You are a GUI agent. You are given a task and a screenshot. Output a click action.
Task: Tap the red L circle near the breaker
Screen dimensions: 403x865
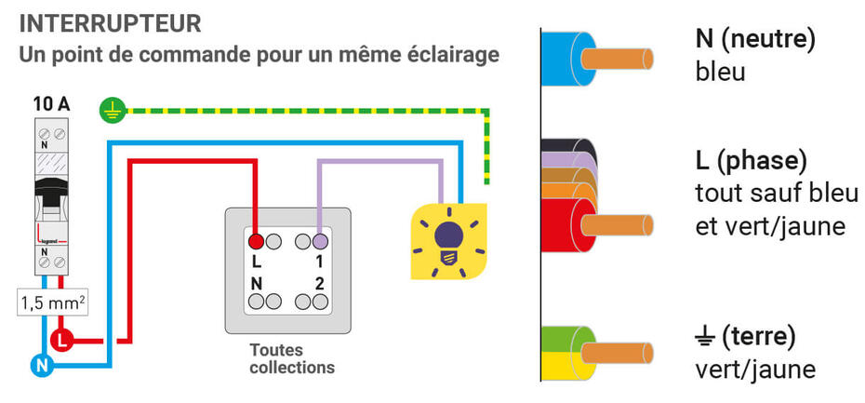coord(62,341)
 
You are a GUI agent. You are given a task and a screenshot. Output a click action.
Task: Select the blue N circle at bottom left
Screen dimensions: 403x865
coord(41,366)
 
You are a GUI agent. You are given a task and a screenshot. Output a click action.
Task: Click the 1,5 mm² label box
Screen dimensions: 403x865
coord(52,302)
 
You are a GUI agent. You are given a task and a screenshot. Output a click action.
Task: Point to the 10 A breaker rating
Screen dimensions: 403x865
coord(51,104)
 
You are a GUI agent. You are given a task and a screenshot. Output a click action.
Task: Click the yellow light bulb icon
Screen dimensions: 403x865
coord(449,240)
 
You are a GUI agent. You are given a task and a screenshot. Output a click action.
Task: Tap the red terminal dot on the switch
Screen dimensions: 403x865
coord(257,241)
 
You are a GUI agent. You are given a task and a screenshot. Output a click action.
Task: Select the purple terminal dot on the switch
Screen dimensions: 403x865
coord(319,241)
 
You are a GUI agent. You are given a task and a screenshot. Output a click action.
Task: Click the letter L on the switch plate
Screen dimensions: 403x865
coord(256,262)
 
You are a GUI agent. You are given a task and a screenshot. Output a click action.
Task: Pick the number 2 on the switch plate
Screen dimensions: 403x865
coord(319,283)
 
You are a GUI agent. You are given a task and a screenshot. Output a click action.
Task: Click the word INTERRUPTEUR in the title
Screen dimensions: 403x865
coord(110,22)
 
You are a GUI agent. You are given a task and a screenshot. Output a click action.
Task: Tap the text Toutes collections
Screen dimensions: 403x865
coord(291,358)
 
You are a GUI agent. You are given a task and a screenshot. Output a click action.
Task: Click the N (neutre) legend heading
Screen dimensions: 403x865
coord(754,39)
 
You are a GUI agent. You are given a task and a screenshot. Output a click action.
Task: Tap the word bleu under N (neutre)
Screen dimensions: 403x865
coord(720,72)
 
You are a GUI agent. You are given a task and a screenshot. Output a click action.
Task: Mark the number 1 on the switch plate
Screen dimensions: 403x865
coord(319,262)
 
